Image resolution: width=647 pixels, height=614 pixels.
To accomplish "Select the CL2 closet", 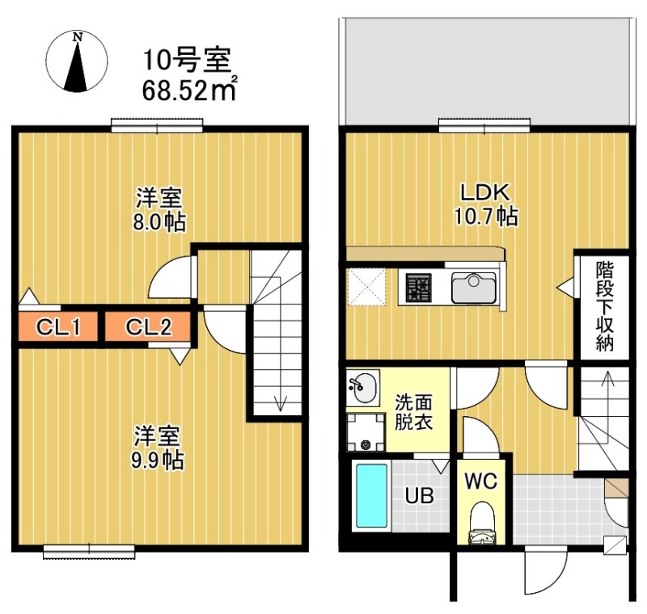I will coord(148,327).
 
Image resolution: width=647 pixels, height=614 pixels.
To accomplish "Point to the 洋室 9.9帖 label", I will coord(159,448).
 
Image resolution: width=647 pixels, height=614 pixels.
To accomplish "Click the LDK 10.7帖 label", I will coord(484,204).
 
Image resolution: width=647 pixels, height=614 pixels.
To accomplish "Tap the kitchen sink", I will coord(474,288).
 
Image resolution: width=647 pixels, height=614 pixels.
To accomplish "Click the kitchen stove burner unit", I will coord(419,288).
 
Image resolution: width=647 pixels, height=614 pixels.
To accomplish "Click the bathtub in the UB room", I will coord(372,494).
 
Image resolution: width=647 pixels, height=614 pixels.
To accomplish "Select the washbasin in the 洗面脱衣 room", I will coord(363,388).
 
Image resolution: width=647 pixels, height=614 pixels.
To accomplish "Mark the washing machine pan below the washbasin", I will coord(365,433).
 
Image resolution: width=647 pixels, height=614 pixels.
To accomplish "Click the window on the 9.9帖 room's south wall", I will coord(88,552).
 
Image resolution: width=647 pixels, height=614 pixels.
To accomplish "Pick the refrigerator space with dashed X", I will coord(366,288).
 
